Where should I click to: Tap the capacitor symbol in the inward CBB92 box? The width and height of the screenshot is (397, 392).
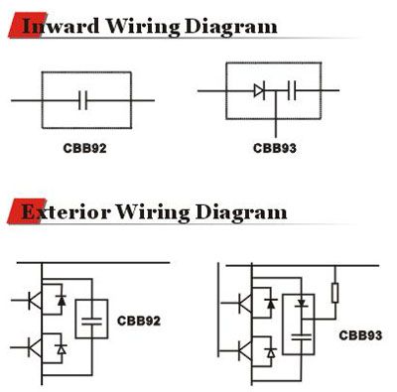[83, 100]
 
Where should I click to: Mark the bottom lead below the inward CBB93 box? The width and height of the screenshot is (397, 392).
[275, 127]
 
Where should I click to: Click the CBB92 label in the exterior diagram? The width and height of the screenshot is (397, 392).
[138, 321]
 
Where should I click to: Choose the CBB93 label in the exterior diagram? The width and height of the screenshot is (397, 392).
[358, 334]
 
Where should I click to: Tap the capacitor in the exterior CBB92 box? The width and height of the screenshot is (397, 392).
[92, 321]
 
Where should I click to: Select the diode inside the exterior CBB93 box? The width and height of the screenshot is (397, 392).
[301, 302]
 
